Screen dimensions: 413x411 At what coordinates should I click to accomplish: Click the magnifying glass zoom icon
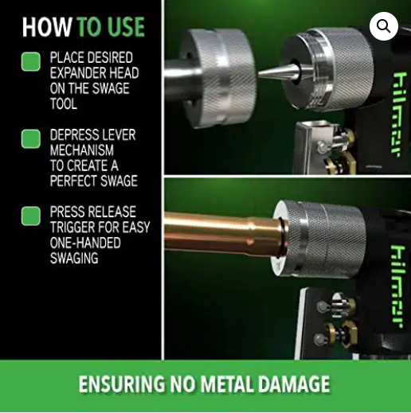(384, 26)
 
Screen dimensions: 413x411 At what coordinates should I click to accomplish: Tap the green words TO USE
(110, 27)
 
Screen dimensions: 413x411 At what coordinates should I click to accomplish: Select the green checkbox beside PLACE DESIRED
(31, 61)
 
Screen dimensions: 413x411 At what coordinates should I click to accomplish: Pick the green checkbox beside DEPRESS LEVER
(31, 138)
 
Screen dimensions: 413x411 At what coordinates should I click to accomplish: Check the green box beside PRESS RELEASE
(31, 216)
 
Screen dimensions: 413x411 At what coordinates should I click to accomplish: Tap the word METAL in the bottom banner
(224, 385)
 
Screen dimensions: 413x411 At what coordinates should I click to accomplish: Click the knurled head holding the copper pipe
(319, 240)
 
